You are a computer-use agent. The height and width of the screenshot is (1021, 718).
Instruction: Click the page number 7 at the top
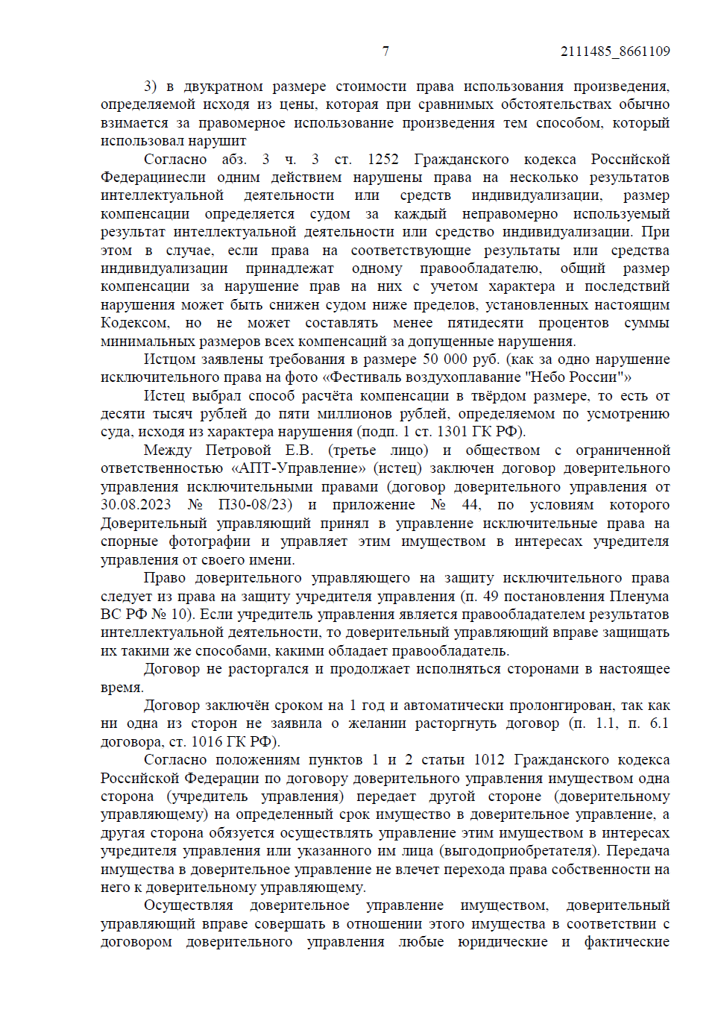tap(385, 51)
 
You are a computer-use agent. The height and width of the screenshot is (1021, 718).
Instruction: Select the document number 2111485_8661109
tap(615, 51)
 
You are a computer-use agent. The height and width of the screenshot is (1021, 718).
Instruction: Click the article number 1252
tap(382, 159)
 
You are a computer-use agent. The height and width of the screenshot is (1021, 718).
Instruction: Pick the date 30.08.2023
tap(136, 505)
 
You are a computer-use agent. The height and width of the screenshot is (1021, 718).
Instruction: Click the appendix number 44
tap(471, 505)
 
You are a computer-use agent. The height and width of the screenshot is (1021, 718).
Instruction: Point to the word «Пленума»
tap(639, 596)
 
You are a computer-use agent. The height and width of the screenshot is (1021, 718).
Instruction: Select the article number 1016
tap(206, 741)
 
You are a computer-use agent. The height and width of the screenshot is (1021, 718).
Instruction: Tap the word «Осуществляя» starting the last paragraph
tap(189, 905)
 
